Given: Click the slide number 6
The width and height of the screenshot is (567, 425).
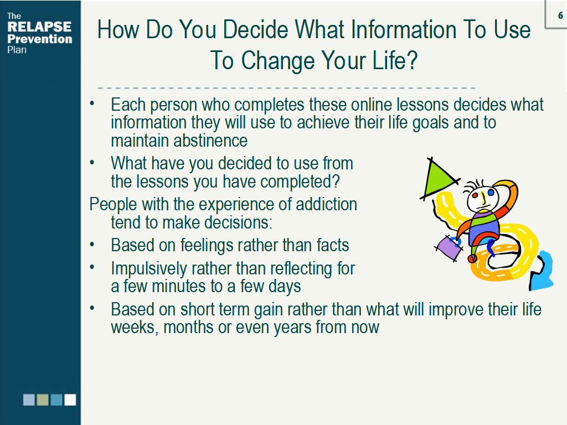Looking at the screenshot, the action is point(560,15).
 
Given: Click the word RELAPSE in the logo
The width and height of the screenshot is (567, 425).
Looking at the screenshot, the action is point(39,27).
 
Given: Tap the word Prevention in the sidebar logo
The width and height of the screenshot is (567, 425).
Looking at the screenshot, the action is point(40,39).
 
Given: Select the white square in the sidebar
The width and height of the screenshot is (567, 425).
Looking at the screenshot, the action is point(70,400).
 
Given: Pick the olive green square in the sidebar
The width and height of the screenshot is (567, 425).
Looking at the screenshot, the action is point(43,400).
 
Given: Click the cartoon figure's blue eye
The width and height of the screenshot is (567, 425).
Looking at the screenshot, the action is point(491,193).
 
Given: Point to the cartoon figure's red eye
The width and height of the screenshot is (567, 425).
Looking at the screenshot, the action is point(475,196).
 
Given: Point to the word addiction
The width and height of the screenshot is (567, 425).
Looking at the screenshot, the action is point(326,204).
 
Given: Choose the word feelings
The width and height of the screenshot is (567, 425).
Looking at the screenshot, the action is point(210,246).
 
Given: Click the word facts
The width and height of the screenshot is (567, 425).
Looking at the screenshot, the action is point(333,245).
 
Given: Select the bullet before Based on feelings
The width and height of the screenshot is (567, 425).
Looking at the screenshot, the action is point(92,245).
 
